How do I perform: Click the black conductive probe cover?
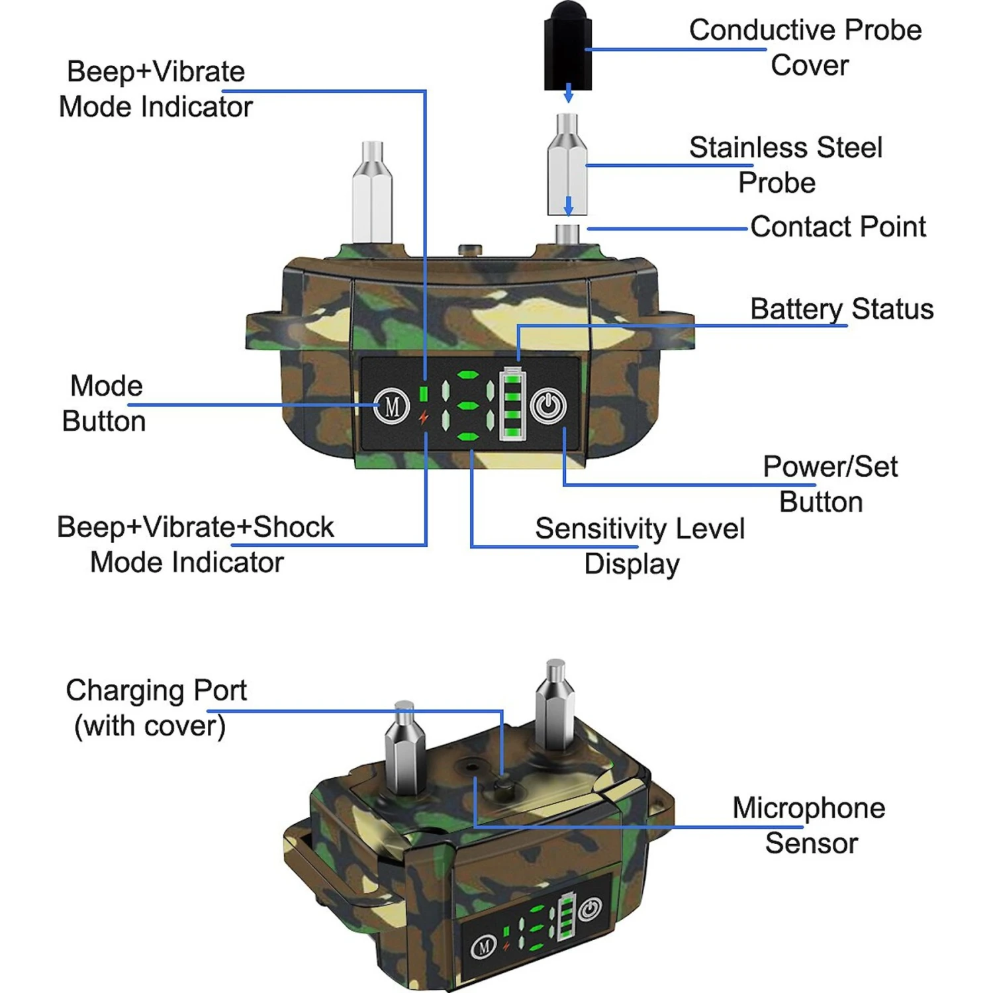coord(567,50)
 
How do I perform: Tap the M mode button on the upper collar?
coord(392,405)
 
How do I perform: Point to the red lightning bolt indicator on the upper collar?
coord(424,418)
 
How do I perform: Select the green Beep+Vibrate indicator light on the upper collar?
coord(424,393)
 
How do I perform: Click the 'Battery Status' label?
coord(841,309)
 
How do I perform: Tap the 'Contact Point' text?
coord(837,227)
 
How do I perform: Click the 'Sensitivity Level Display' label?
coord(639,546)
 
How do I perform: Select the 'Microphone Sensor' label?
coord(809,826)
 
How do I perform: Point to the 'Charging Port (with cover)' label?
coord(156,708)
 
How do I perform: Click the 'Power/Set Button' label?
coord(829,484)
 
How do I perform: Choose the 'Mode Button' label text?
coord(105,403)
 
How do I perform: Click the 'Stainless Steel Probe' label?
coord(785,165)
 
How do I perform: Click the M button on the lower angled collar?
coord(483,947)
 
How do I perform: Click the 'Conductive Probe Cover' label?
coord(805,48)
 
